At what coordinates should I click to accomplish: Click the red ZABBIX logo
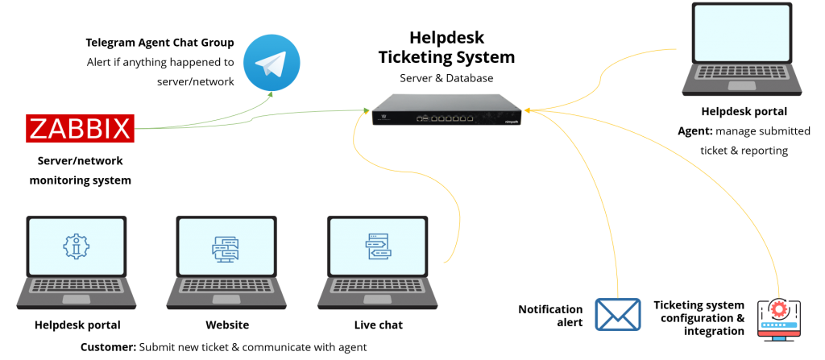coord(81,129)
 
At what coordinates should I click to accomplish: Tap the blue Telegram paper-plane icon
coord(272,63)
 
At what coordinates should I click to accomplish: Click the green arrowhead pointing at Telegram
coord(271,94)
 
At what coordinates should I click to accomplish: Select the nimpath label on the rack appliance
coord(510,122)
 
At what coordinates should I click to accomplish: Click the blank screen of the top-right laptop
coord(742,31)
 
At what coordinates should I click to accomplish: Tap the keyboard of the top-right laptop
coord(742,72)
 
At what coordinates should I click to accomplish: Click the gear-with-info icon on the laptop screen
coord(77,246)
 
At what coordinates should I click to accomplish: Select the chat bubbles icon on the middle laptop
coord(226,248)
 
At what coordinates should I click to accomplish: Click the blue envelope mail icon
coord(617,314)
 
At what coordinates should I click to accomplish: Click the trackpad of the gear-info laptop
coord(77,299)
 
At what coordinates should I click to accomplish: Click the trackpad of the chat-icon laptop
coord(226,299)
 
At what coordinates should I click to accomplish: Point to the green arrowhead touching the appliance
coord(364,110)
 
